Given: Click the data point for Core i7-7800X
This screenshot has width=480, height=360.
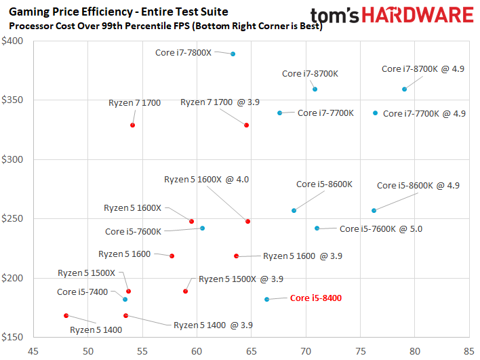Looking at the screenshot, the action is tap(233, 54).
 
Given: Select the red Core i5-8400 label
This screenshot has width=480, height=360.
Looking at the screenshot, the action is tap(316, 298).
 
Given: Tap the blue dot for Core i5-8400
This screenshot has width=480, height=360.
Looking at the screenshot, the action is tap(267, 300).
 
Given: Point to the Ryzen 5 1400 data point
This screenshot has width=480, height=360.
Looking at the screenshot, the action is tap(66, 316).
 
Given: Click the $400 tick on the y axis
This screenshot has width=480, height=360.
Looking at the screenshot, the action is tap(12, 41).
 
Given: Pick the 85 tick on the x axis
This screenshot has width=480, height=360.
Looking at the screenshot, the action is tap(469, 351).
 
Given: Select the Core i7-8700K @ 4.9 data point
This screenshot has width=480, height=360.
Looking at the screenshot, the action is tap(404, 89).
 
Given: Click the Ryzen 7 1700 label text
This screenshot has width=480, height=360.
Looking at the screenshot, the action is tap(134, 103).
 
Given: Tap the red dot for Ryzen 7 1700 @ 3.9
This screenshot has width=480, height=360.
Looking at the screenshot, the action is tap(246, 125).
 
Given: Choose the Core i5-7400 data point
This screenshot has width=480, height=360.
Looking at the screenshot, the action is tap(125, 300).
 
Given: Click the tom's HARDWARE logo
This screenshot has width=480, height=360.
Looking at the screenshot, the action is tap(392, 16).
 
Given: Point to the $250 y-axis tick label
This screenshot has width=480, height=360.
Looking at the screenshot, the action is tap(12, 218).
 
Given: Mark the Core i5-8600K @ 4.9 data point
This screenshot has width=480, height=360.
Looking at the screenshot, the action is tap(374, 211).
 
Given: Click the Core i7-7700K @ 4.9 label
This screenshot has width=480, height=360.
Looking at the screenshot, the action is tap(424, 114).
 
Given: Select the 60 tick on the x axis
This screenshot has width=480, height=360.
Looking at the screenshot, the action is tap(197, 351).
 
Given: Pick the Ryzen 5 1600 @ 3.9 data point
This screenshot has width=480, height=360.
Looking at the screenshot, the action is tap(237, 256).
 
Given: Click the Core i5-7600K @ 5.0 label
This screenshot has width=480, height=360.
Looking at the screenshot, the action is tap(381, 229).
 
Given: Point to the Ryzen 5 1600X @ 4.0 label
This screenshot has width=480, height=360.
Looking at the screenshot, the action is tap(206, 180).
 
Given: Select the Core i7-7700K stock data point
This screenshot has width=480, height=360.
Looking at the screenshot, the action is tap(279, 113).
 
